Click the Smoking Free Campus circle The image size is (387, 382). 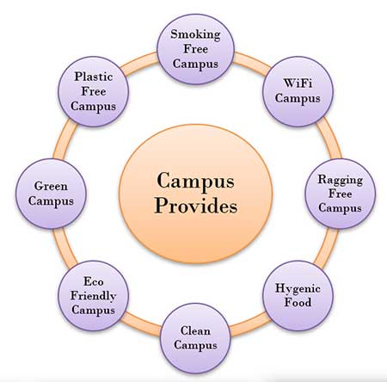pyautogui.click(x=196, y=49)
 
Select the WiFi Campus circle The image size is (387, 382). pyautogui.click(x=298, y=91)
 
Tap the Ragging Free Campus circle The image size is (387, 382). pyautogui.click(x=341, y=194)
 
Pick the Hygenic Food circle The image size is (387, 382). pyautogui.click(x=298, y=296)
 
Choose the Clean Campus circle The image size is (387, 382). pyautogui.click(x=196, y=338)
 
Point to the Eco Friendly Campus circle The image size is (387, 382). pyautogui.click(x=94, y=296)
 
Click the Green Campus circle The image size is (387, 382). pyautogui.click(x=51, y=194)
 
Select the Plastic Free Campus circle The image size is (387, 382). pyautogui.click(x=94, y=91)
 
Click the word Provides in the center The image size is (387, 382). pyautogui.click(x=196, y=206)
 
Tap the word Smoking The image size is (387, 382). pyautogui.click(x=195, y=34)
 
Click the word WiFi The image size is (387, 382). pyautogui.click(x=298, y=83)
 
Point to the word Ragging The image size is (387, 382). pyautogui.click(x=341, y=180)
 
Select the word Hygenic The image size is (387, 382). pyautogui.click(x=298, y=288)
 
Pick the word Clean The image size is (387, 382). pyautogui.click(x=195, y=330)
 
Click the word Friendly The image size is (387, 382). pyautogui.click(x=94, y=296)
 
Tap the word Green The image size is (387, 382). pyautogui.click(x=51, y=186)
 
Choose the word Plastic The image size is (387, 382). pyautogui.click(x=94, y=77)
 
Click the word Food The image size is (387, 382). pyautogui.click(x=298, y=303)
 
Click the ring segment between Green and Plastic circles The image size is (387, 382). pyautogui.click(x=64, y=139)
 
